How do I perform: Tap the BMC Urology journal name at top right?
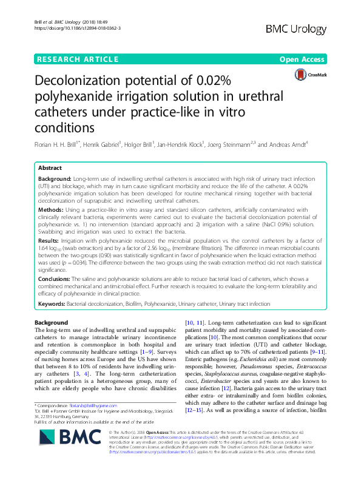304,29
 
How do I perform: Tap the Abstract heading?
50,168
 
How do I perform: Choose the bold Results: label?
50,241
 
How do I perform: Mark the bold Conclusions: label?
58,279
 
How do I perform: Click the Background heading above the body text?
52,322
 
